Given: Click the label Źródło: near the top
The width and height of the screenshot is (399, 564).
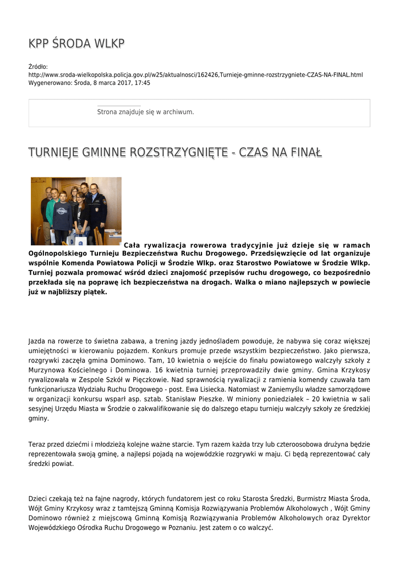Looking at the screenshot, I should (x=39, y=67).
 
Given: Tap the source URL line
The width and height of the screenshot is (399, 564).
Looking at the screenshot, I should (x=195, y=74).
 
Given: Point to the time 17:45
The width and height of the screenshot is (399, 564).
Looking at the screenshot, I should (x=141, y=83).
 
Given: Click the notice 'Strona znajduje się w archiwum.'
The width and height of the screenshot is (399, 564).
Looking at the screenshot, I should (x=145, y=112).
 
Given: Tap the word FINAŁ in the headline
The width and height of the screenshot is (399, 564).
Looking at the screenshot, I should (x=305, y=152).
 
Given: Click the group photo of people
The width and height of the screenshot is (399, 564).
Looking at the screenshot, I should (x=76, y=211).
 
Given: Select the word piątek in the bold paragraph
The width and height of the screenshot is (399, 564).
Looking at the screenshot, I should (x=95, y=292).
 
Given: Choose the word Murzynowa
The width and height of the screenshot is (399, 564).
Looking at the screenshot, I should (x=48, y=369).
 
